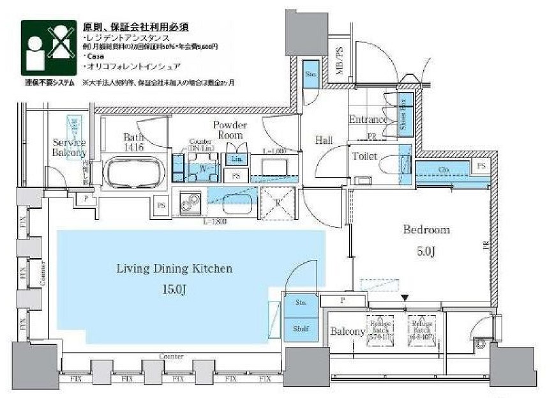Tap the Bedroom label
(x=426, y=230)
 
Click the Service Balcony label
(x=69, y=148)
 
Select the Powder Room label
(x=230, y=130)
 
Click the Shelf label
(x=301, y=328)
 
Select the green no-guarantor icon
(x=47, y=47)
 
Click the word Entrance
(x=368, y=119)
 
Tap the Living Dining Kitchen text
(x=174, y=268)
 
